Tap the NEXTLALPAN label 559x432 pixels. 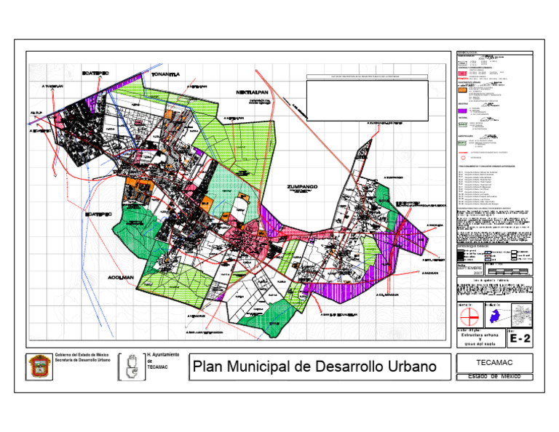pos(253,93)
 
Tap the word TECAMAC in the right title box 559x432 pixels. pos(493,362)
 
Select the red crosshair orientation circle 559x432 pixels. pos(469,316)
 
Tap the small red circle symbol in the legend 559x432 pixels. pos(461,157)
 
